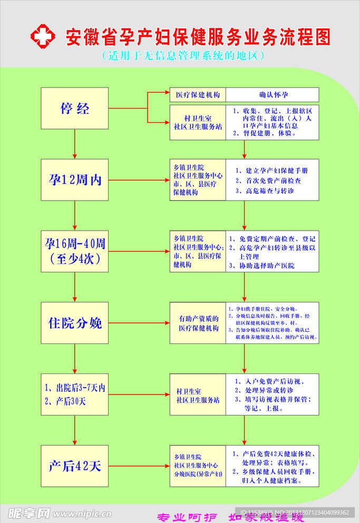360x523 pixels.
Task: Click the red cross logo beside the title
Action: (x=42, y=36)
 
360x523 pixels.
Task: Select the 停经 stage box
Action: (x=74, y=108)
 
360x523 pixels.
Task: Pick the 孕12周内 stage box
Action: (x=74, y=180)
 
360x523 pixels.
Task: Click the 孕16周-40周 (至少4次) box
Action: (x=74, y=251)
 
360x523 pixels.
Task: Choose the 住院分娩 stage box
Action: (x=74, y=323)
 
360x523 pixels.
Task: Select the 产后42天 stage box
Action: (x=74, y=466)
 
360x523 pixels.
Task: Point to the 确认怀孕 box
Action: (x=273, y=95)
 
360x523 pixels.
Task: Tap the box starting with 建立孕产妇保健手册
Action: (x=273, y=180)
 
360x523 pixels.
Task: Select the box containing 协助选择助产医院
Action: (x=273, y=252)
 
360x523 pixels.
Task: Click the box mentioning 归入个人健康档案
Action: (x=273, y=466)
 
